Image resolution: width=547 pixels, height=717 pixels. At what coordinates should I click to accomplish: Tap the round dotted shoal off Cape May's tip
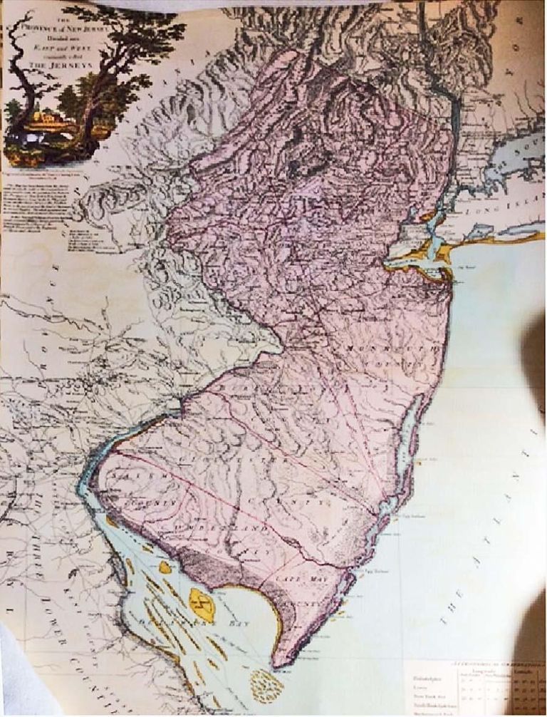pyautogui.click(x=265, y=684)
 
